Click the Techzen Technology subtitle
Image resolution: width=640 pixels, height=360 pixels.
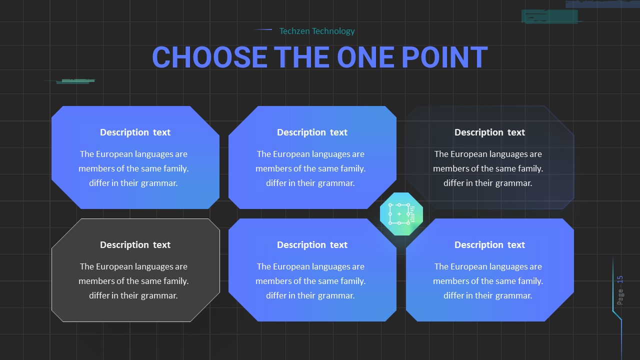point(316,31)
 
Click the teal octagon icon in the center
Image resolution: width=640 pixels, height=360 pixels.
point(401,213)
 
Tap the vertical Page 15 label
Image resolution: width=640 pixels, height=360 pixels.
point(620,290)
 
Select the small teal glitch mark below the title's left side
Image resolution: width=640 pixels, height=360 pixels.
point(75,81)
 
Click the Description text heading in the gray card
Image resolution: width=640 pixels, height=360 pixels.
point(135,245)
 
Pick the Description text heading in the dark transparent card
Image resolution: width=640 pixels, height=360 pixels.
point(489,132)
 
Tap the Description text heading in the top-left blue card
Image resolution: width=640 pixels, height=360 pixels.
point(135,132)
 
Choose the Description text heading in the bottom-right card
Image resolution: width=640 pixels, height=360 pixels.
point(489,245)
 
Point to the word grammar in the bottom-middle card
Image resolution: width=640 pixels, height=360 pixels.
point(336,295)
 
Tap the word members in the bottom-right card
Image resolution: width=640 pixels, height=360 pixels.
point(449,281)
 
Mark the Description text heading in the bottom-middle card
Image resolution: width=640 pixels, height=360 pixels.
point(312,245)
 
